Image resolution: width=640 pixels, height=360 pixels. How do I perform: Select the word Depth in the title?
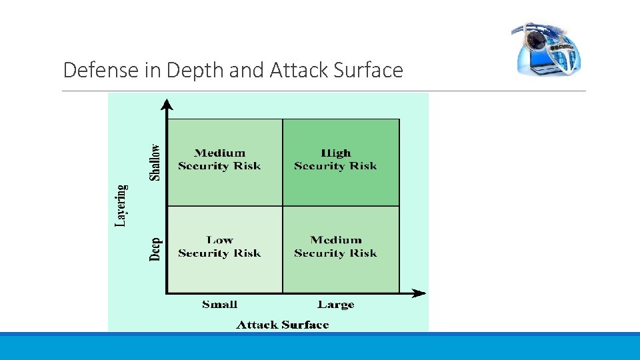pyautogui.click(x=195, y=70)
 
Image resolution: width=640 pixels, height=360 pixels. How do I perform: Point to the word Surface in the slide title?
pyautogui.click(x=370, y=70)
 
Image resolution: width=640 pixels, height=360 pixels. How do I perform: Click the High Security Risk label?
pyautogui.click(x=335, y=160)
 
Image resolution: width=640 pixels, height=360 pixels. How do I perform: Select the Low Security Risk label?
pyautogui.click(x=219, y=247)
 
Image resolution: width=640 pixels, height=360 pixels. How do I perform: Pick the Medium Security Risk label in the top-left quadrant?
pyautogui.click(x=219, y=160)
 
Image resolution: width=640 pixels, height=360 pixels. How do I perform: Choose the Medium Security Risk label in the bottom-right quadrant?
pyautogui.click(x=335, y=247)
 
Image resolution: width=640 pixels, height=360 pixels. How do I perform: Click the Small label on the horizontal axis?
pyautogui.click(x=219, y=305)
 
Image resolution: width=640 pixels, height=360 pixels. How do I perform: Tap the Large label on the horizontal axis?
pyautogui.click(x=335, y=305)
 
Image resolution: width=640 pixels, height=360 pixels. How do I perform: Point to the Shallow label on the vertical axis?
pyautogui.click(x=155, y=162)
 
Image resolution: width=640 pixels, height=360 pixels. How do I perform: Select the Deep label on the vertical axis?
pyautogui.click(x=155, y=249)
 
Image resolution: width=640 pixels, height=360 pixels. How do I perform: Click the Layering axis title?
pyautogui.click(x=121, y=205)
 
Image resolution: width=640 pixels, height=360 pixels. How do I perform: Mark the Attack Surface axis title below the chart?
pyautogui.click(x=283, y=325)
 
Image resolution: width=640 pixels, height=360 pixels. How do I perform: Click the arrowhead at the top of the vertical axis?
pyautogui.click(x=167, y=103)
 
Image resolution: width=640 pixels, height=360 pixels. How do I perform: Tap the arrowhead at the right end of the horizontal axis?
pyautogui.click(x=419, y=293)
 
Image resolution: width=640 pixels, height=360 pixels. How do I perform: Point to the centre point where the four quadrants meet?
pyautogui.click(x=283, y=206)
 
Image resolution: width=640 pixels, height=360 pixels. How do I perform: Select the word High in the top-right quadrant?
pyautogui.click(x=335, y=153)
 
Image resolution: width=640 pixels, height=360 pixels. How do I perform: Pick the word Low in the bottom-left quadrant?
pyautogui.click(x=219, y=240)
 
